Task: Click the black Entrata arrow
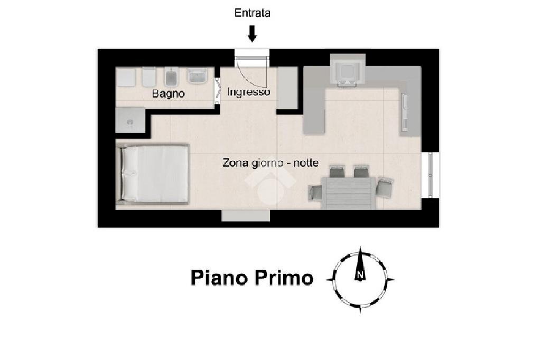tap(253, 34)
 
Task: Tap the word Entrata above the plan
tap(253, 13)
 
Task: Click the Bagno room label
tap(169, 94)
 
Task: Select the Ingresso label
tap(248, 92)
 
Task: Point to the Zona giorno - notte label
tap(270, 163)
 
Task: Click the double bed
tap(154, 174)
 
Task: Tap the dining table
tap(348, 193)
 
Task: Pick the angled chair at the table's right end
tap(385, 187)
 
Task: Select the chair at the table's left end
tap(315, 193)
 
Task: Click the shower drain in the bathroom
tap(129, 121)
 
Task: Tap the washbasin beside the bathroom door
tap(198, 78)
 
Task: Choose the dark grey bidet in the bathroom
tap(171, 79)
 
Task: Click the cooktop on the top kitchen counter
tap(347, 71)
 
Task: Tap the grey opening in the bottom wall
tap(246, 215)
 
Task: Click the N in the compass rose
tap(360, 275)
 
